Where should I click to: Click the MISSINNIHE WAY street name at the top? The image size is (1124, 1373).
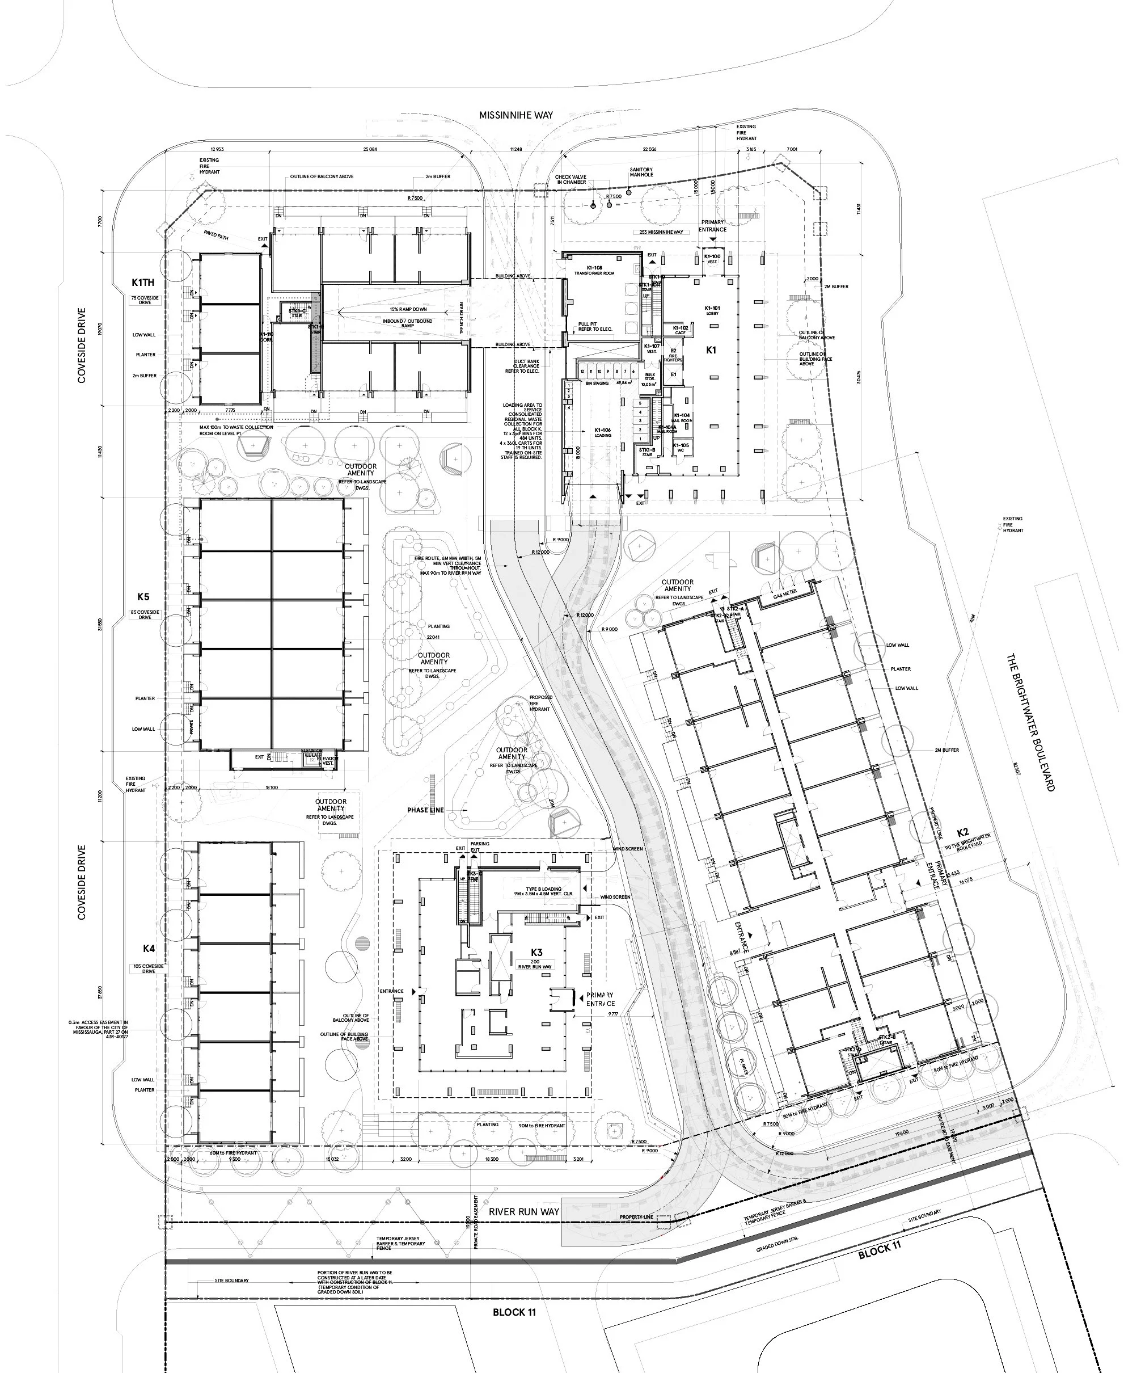[516, 115]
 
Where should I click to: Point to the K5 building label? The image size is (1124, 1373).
[143, 596]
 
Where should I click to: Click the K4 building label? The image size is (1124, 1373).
[149, 948]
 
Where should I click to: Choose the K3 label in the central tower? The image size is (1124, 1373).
[536, 952]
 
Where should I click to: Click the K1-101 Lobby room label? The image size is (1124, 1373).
[712, 310]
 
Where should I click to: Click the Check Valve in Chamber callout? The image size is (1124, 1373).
[571, 179]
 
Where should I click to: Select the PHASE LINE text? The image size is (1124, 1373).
[425, 810]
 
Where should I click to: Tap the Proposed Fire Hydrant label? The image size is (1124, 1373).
[540, 703]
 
